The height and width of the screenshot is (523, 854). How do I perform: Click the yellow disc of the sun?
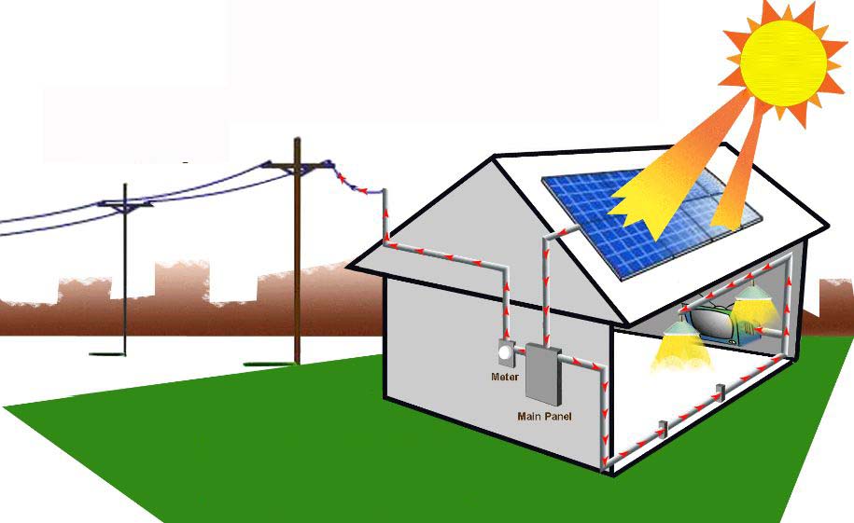pyautogui.click(x=783, y=63)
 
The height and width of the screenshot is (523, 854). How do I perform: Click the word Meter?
pyautogui.click(x=504, y=377)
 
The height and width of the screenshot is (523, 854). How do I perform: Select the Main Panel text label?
pyautogui.click(x=544, y=417)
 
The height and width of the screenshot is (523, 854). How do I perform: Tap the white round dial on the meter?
pyautogui.click(x=505, y=352)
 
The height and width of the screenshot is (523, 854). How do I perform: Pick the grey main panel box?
pyautogui.click(x=543, y=375)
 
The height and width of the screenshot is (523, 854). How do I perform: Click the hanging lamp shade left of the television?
pyautogui.click(x=680, y=327)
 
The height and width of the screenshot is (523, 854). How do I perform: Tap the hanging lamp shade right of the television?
pyautogui.click(x=753, y=294)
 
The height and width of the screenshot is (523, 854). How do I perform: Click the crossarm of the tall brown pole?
pyautogui.click(x=297, y=166)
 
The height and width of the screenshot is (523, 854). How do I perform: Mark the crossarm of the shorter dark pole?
pyautogui.click(x=125, y=204)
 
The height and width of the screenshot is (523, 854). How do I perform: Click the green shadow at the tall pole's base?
pyautogui.click(x=272, y=364)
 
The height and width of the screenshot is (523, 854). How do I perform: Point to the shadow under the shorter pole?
pyautogui.click(x=107, y=354)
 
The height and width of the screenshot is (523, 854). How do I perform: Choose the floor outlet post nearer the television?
pyautogui.click(x=721, y=392)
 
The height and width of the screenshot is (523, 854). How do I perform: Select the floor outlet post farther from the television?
pyautogui.click(x=663, y=429)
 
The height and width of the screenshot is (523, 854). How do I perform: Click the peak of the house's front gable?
pyautogui.click(x=494, y=157)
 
